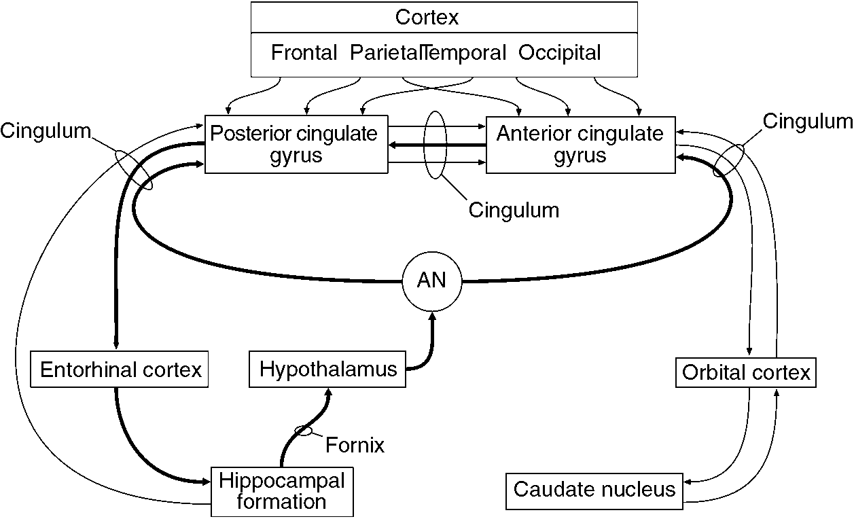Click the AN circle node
click(x=431, y=281)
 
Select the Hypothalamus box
click(x=327, y=370)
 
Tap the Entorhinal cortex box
click(x=120, y=370)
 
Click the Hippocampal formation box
click(x=282, y=491)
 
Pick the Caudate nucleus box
click(x=594, y=490)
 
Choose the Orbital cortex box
click(x=745, y=373)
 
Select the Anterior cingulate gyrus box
click(x=580, y=143)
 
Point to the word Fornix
click(x=355, y=446)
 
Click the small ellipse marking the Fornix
click(x=304, y=430)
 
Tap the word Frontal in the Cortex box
click(x=304, y=53)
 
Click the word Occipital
click(x=560, y=53)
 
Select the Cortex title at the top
click(x=427, y=18)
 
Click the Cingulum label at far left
click(x=45, y=131)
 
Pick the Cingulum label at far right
click(x=807, y=122)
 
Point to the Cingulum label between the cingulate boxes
click(x=514, y=211)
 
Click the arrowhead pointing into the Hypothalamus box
click(x=329, y=392)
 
